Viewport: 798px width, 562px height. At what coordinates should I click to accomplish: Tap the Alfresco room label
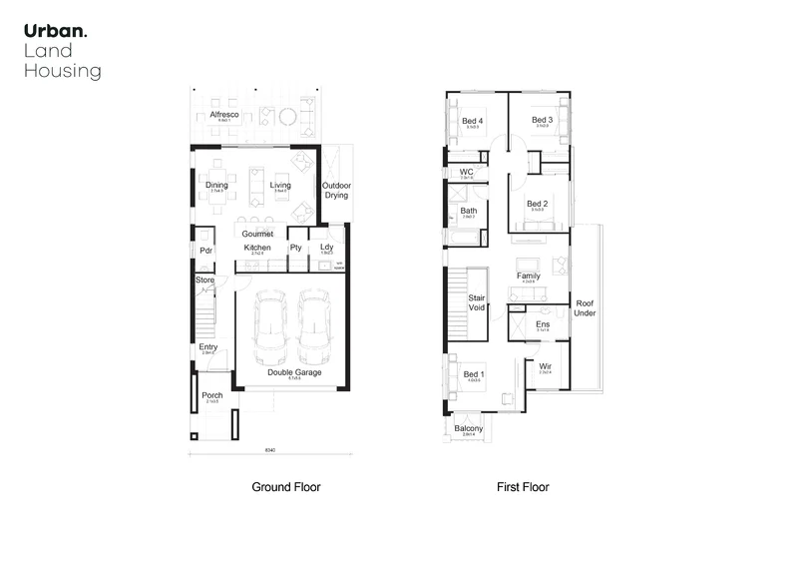point(224,116)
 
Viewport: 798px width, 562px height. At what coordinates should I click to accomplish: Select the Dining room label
point(216,185)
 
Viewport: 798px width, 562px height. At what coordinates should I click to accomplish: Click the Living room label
point(280,185)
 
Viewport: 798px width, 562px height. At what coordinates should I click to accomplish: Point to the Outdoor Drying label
point(336,190)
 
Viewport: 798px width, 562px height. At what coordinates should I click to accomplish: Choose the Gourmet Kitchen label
point(257,241)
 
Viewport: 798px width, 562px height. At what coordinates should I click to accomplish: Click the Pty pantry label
point(296,248)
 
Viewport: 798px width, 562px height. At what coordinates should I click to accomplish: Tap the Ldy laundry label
point(326,248)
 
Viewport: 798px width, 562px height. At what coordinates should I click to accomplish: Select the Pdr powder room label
point(206,250)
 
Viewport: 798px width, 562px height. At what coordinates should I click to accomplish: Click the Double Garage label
point(294,372)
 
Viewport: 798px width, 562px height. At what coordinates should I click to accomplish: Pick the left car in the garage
point(271,329)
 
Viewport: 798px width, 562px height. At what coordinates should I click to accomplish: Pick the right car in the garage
point(315,329)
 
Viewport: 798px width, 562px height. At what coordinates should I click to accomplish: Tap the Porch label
point(211,395)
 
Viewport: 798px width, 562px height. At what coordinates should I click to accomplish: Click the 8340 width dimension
point(269,451)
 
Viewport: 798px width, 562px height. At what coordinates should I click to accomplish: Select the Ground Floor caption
point(285,488)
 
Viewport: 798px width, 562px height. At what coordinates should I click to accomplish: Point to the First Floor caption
point(524,488)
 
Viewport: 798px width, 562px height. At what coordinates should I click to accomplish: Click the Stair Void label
point(476,303)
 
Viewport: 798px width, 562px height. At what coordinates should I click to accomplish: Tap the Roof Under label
point(585,307)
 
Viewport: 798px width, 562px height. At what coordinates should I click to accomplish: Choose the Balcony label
point(469,428)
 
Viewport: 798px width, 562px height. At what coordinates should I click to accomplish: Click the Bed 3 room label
point(543,121)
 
